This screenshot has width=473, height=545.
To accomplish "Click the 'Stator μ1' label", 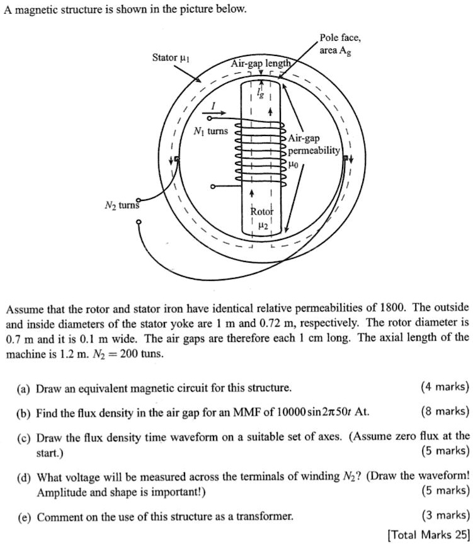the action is point(171,58).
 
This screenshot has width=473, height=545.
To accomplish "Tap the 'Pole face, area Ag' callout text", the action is point(339,44).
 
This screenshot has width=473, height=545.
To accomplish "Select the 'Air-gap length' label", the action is point(261,64).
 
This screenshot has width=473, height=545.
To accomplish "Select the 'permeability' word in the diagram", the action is point(314,151).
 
